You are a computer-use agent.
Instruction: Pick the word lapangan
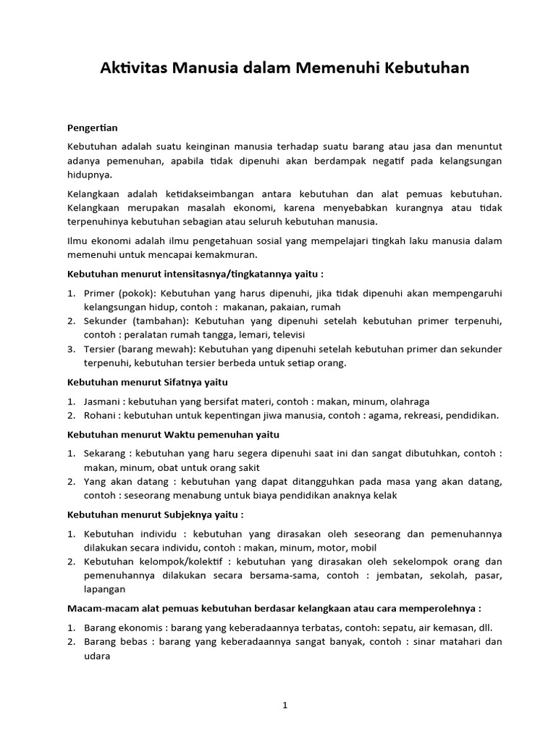pyautogui.click(x=105, y=590)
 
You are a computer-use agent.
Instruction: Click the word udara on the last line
pyautogui.click(x=97, y=656)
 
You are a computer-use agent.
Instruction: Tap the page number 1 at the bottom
pyautogui.click(x=285, y=706)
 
